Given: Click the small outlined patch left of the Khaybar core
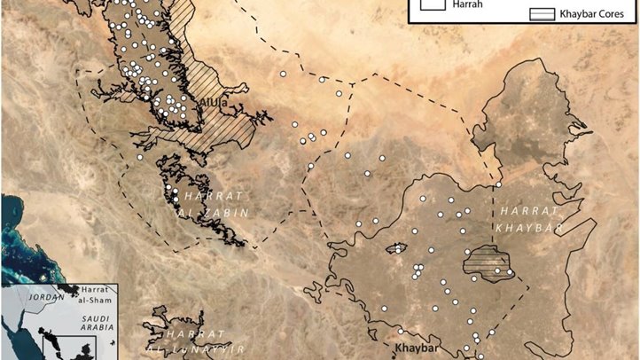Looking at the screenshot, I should (x=395, y=247).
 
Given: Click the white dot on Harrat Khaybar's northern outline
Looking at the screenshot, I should (x=499, y=184).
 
